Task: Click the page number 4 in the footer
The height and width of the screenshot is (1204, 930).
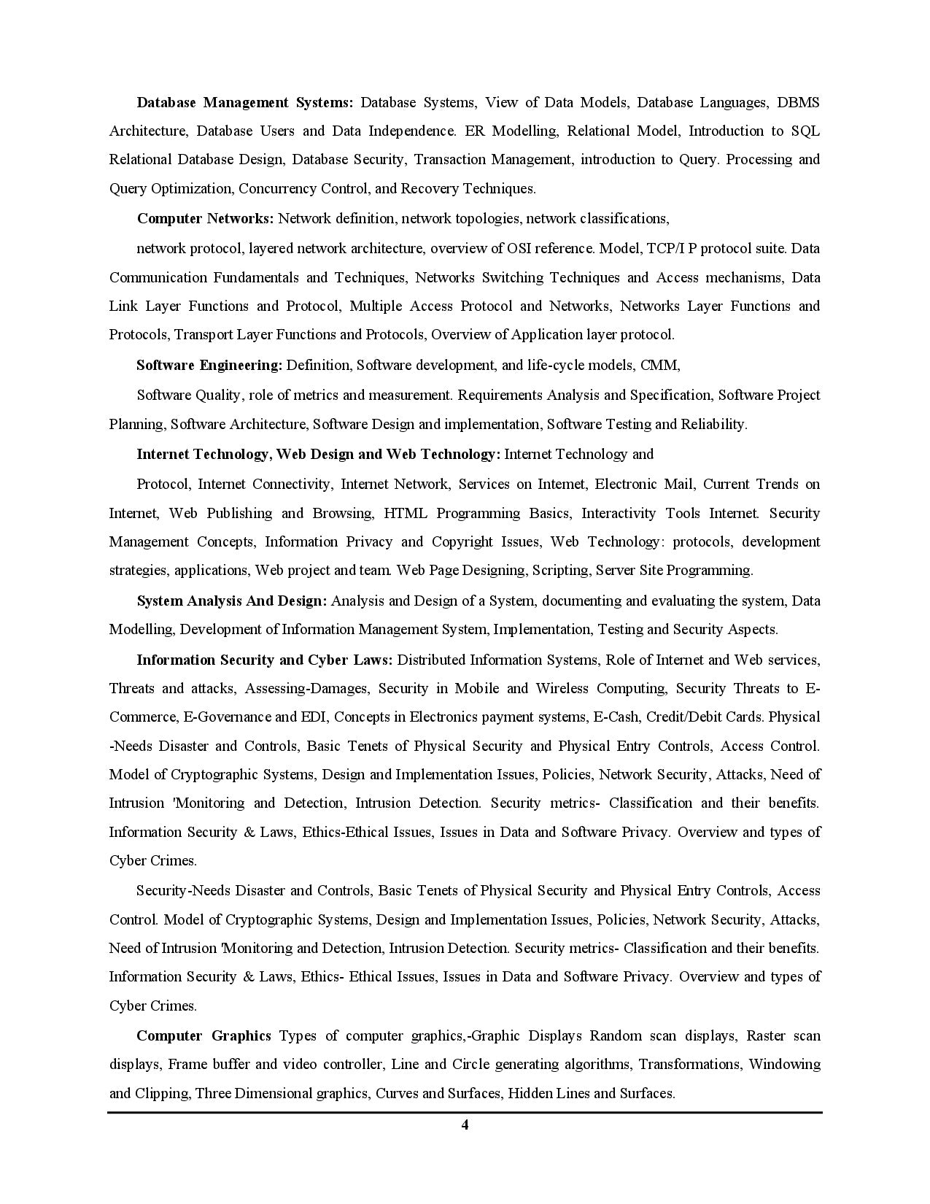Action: click(465, 1124)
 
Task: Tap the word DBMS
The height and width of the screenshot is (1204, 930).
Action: click(798, 102)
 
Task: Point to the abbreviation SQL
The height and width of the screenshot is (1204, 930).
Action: click(805, 131)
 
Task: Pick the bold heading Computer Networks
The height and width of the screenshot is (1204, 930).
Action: click(205, 218)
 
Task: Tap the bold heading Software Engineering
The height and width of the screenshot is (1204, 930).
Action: click(209, 365)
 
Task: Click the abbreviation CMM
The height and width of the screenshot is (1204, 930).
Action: click(659, 365)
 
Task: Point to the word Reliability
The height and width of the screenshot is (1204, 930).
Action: click(713, 424)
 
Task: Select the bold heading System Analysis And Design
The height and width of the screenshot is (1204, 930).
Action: click(232, 601)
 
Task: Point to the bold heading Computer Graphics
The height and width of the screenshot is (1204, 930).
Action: click(204, 1035)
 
